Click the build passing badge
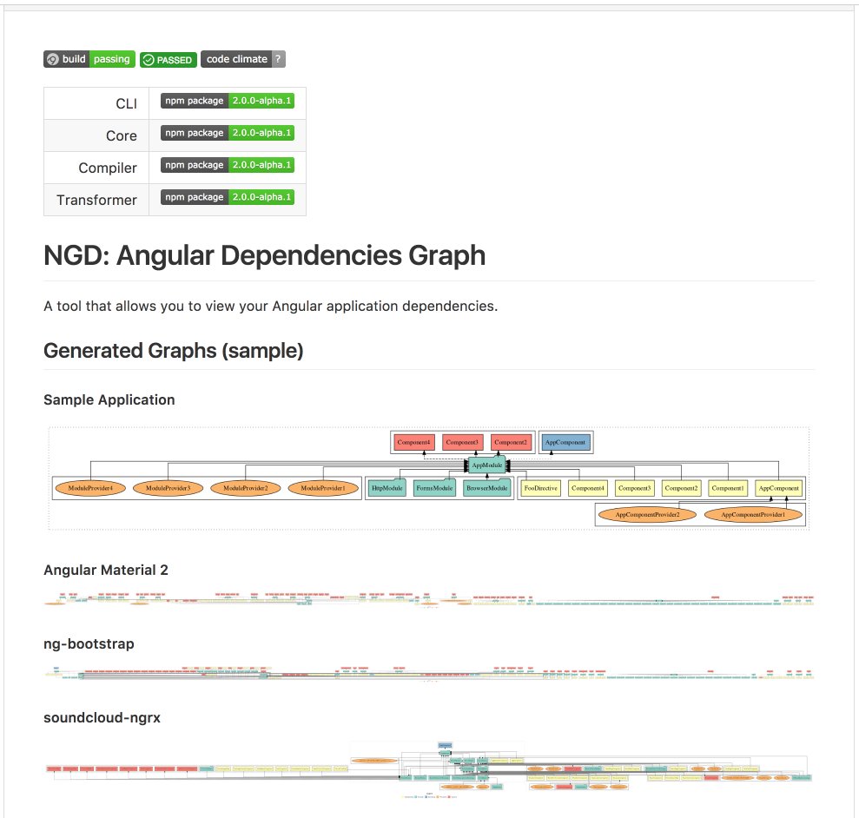[x=89, y=59]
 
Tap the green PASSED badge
[x=168, y=59]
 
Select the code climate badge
[x=242, y=59]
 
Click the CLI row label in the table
[x=126, y=103]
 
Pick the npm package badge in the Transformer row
[x=228, y=197]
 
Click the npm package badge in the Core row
[x=228, y=133]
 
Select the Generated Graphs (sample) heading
[x=173, y=351]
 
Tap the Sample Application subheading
[x=109, y=399]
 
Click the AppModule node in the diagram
[x=486, y=465]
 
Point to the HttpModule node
[x=385, y=488]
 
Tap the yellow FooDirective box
[x=540, y=488]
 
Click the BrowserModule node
[x=486, y=488]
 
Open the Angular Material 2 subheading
[x=106, y=570]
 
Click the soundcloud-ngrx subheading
[x=102, y=717]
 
